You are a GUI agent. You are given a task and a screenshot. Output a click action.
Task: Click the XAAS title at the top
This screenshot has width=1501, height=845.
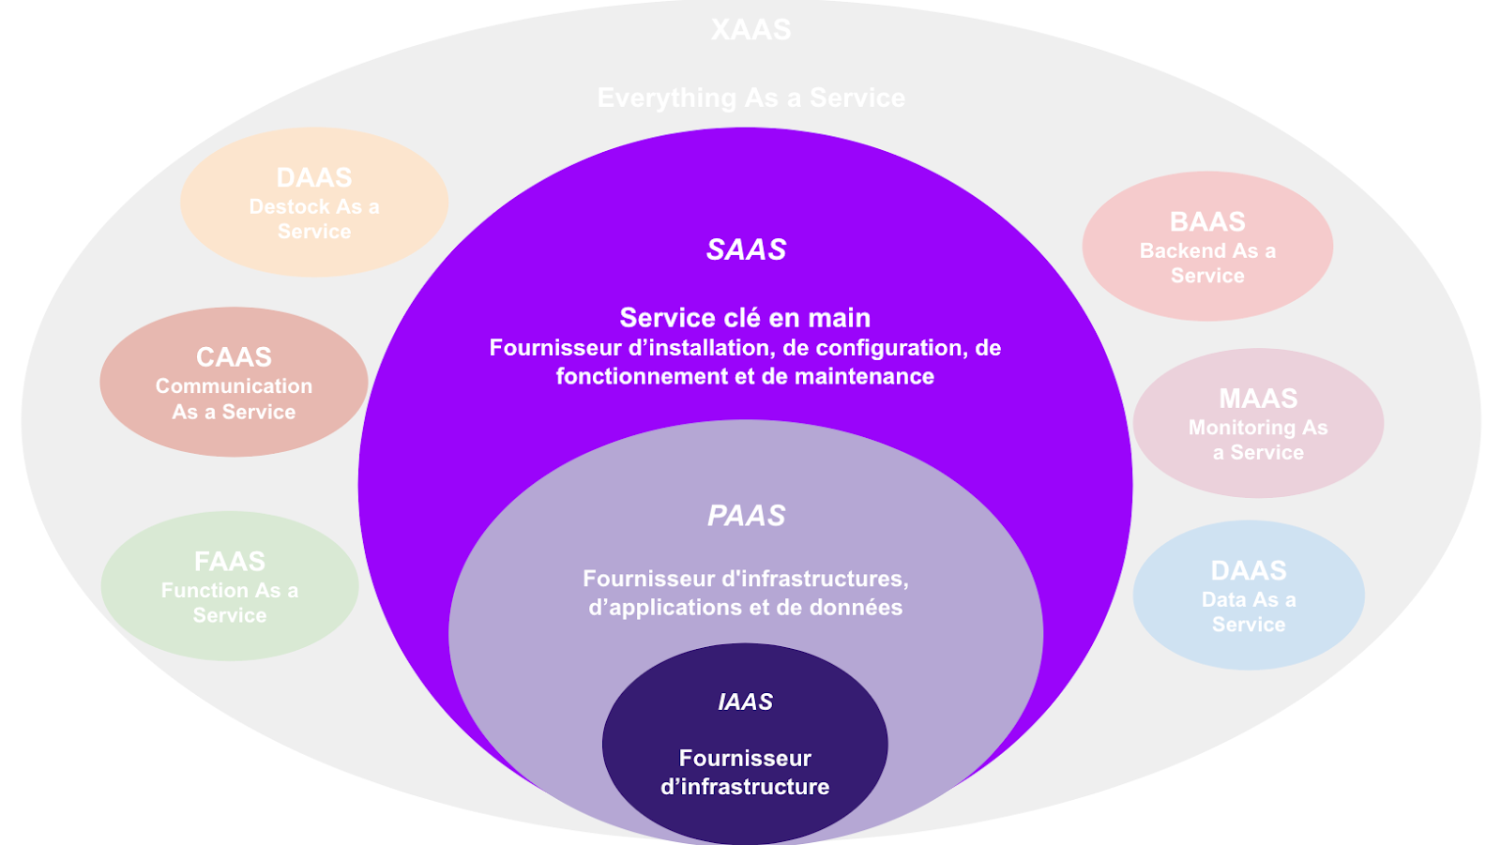coord(750,30)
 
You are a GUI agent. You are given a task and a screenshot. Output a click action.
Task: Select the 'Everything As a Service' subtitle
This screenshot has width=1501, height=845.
coord(750,98)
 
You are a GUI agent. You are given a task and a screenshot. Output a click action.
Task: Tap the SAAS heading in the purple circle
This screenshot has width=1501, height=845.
coord(746,249)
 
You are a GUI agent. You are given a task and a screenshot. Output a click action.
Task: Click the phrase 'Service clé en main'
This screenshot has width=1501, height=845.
coord(745,318)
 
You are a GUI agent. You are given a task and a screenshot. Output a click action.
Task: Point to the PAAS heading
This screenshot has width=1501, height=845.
coord(746,516)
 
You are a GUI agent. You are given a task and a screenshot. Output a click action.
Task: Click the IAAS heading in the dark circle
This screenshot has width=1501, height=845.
coord(745,702)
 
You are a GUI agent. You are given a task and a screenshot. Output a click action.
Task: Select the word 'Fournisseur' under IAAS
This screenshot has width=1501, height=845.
coord(745,758)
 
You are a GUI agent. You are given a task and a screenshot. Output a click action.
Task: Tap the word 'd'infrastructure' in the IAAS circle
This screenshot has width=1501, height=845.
coord(745,787)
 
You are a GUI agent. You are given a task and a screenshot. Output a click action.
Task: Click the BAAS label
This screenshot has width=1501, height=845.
coord(1207,222)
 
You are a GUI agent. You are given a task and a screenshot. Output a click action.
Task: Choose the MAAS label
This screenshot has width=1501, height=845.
coord(1258,399)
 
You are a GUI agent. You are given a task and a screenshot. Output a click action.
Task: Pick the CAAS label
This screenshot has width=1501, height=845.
coord(234,357)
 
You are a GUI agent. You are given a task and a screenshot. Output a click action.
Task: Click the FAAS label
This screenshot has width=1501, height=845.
coord(229,562)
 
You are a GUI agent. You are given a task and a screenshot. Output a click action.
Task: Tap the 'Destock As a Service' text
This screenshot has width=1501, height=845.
coord(314,219)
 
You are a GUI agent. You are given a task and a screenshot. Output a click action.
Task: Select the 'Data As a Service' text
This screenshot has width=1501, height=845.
coord(1249,612)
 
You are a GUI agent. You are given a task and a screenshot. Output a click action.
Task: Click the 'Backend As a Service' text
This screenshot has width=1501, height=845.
coord(1207,264)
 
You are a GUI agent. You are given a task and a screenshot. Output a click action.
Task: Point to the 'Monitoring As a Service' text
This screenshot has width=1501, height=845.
coord(1258,440)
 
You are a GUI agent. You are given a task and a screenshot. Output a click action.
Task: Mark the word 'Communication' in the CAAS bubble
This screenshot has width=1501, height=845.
coord(234,386)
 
